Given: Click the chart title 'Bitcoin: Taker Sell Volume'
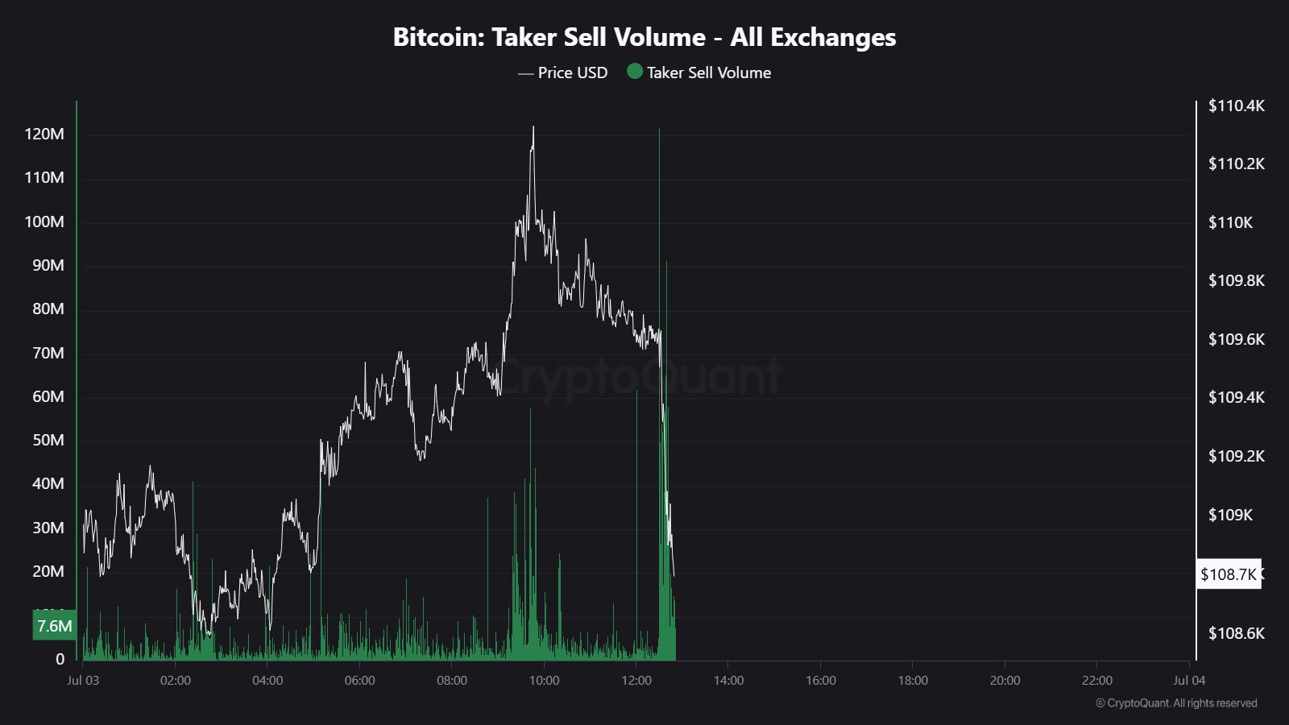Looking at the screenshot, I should (x=644, y=37).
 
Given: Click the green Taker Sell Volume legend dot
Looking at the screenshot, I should (x=635, y=72).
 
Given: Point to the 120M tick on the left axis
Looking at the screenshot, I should (x=44, y=135).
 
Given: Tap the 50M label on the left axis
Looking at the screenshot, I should (x=48, y=440).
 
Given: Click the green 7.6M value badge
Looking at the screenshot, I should (x=54, y=625).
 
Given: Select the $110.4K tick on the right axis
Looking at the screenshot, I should (x=1236, y=106).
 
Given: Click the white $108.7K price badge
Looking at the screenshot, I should (x=1228, y=574).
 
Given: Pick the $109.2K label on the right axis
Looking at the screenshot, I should (x=1236, y=456).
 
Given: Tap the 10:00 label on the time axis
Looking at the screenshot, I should (x=544, y=681).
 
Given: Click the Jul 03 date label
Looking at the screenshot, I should (x=83, y=681).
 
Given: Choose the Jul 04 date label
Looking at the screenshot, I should (x=1189, y=681).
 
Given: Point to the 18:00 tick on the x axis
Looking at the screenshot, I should (x=913, y=681).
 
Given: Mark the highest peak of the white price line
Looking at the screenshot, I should (x=533, y=127).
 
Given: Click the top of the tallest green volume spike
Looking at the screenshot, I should (x=659, y=130).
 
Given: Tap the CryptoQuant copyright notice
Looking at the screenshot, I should (x=1175, y=703).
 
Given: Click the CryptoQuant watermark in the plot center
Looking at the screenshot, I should (x=640, y=376).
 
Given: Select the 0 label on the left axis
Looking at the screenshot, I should (x=60, y=659).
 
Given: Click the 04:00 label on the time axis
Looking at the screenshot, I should (x=267, y=681).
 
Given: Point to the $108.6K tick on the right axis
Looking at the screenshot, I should (x=1236, y=633).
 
